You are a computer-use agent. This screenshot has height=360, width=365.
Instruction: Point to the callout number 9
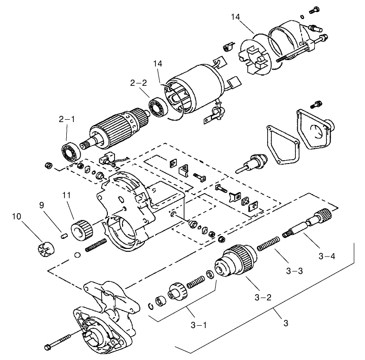(x=42, y=206)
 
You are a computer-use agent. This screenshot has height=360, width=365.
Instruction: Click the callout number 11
(x=66, y=195)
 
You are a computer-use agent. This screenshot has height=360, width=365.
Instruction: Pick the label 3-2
(x=263, y=297)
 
